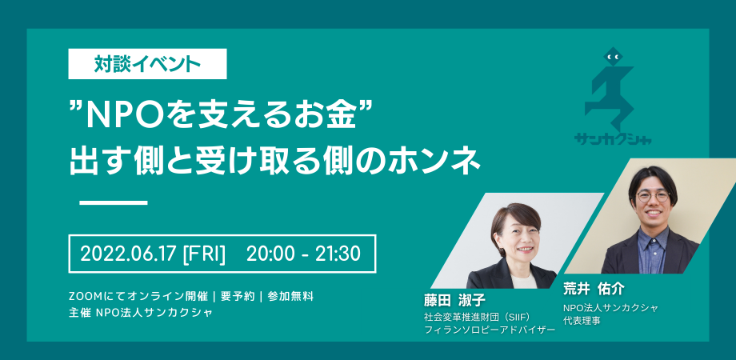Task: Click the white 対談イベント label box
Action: (x=147, y=64)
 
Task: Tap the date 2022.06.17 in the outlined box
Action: (x=129, y=254)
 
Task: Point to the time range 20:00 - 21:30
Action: (x=303, y=254)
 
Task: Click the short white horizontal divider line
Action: (x=114, y=202)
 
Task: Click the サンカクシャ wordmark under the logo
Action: (x=613, y=139)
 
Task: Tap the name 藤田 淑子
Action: (x=454, y=300)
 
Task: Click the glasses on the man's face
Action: (x=653, y=197)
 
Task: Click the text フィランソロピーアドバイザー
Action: (x=490, y=330)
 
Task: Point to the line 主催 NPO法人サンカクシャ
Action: (x=140, y=313)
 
